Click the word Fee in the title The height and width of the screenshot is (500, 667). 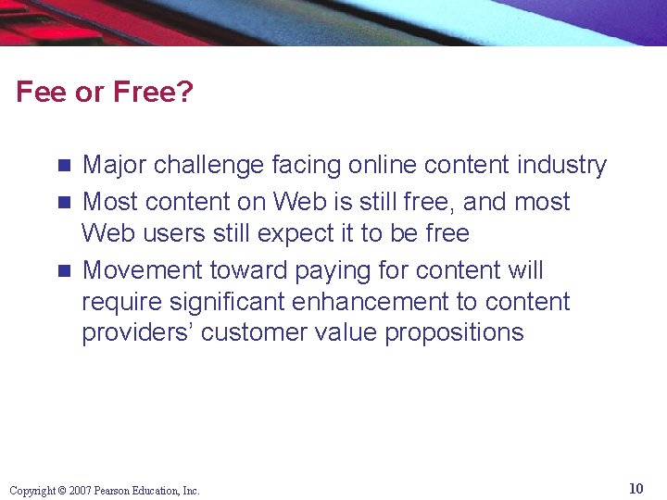[39, 92]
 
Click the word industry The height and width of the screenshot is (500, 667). [560, 165]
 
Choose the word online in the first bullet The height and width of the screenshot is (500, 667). [382, 165]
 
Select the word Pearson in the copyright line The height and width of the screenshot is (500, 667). [117, 491]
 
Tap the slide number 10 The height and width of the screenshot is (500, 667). [636, 488]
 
